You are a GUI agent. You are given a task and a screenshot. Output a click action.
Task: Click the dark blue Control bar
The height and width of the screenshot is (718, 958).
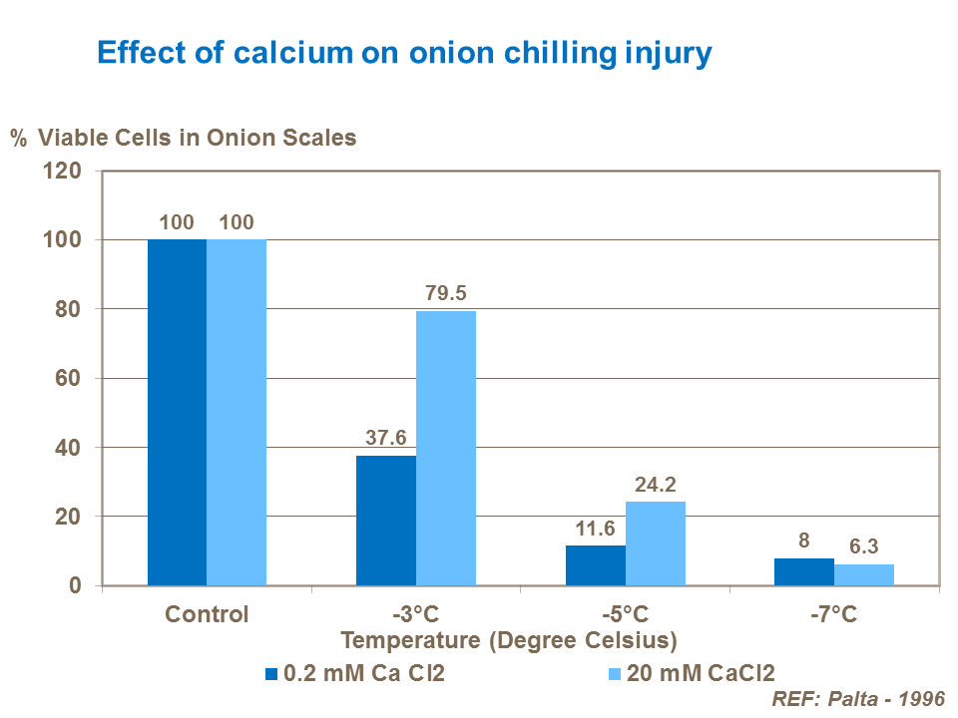177,412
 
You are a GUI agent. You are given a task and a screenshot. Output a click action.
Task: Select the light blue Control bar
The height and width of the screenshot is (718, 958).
237,412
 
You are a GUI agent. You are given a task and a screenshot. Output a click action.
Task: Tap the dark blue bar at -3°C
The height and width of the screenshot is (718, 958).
386,521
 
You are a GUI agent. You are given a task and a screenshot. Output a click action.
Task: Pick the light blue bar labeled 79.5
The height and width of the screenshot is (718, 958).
446,448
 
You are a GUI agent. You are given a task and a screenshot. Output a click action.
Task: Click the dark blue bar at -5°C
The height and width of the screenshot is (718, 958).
596,565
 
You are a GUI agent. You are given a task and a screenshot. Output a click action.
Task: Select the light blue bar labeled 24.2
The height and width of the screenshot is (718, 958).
656,543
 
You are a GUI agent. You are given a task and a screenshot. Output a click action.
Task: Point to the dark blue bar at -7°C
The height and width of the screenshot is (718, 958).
804,571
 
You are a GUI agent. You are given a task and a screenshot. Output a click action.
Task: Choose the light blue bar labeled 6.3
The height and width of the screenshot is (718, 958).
864,574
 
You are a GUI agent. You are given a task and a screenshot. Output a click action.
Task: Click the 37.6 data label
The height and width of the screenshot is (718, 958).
386,439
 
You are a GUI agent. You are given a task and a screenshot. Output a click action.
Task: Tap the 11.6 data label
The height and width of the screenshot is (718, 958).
596,529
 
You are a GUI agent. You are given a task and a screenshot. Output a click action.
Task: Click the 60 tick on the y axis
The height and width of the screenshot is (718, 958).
69,379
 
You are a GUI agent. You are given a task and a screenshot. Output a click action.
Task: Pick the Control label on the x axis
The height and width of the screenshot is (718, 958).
207,613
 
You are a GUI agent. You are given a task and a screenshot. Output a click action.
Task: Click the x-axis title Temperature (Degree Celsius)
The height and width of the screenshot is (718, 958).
509,639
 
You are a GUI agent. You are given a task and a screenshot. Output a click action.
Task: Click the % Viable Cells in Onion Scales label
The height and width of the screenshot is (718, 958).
184,138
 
